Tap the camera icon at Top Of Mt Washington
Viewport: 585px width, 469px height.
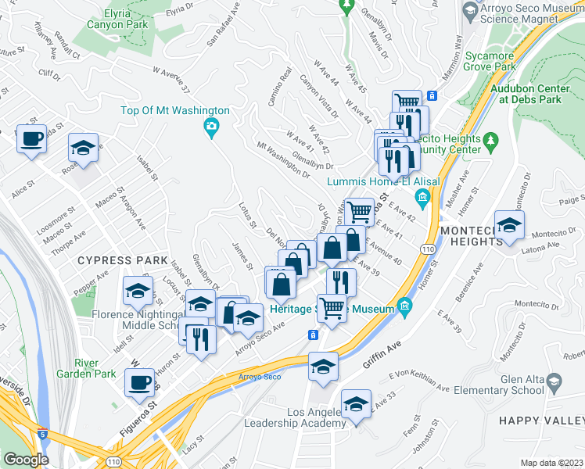[x=211, y=128]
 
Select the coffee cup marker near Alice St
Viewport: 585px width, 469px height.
[x=31, y=140]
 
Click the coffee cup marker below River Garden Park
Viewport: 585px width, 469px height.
[x=140, y=383]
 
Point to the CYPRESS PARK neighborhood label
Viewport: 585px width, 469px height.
[x=122, y=260]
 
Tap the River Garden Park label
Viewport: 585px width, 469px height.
[x=98, y=368]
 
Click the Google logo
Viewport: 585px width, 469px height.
[x=26, y=460]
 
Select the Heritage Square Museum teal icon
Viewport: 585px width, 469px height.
[x=404, y=306]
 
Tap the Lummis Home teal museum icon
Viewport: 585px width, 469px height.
[x=422, y=195]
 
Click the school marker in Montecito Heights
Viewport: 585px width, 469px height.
[x=509, y=227]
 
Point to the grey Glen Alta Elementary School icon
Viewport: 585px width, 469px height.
[x=554, y=382]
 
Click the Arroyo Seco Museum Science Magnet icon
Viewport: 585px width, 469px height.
[x=471, y=11]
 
